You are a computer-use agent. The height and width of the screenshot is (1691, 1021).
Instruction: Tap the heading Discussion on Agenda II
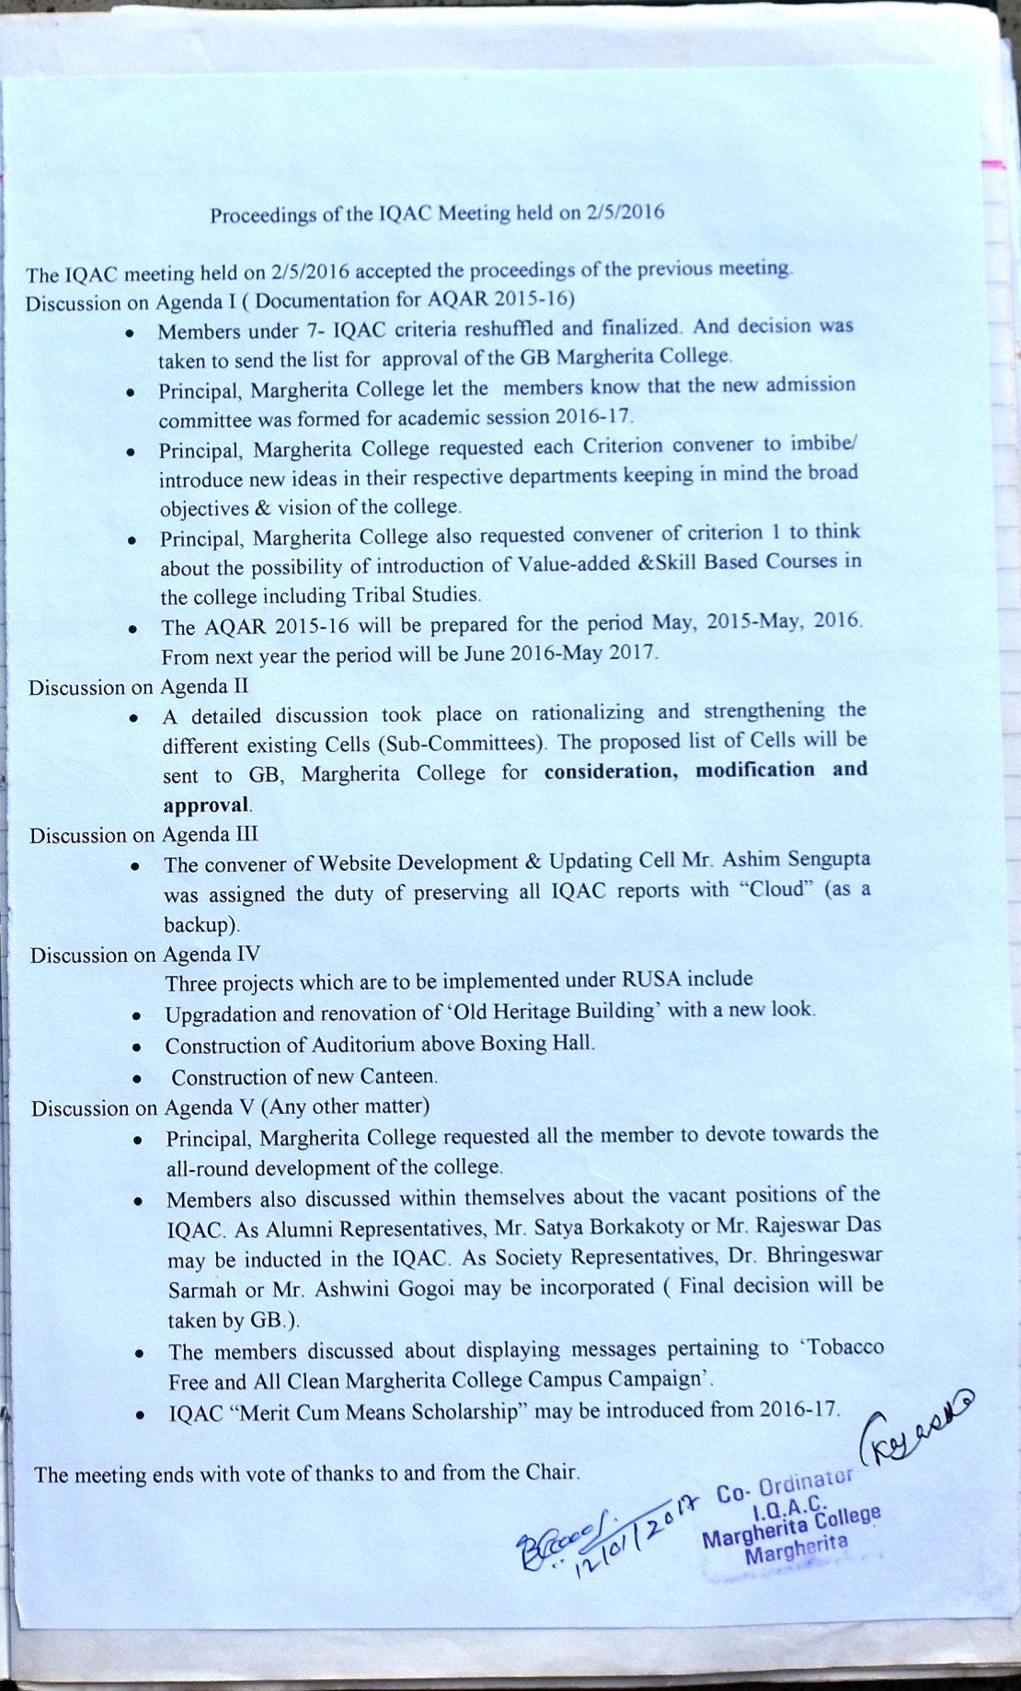click(x=139, y=687)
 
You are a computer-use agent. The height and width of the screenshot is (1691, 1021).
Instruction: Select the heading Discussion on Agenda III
click(x=143, y=835)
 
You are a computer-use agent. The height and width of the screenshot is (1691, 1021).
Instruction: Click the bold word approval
click(x=206, y=805)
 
